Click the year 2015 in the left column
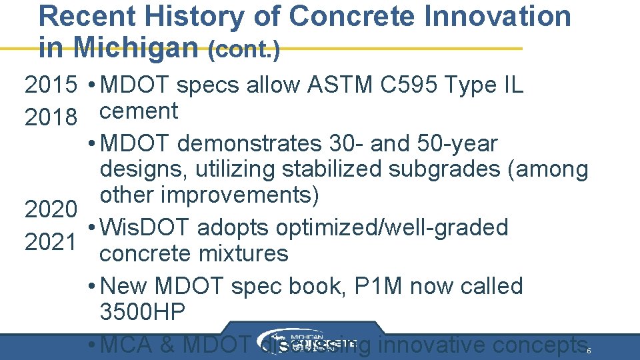[x=50, y=85]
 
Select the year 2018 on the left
[x=50, y=118]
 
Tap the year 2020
[x=50, y=210]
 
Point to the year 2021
[x=50, y=242]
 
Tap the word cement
[x=139, y=111]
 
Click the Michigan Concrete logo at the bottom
[x=304, y=341]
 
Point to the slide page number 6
[x=589, y=350]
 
